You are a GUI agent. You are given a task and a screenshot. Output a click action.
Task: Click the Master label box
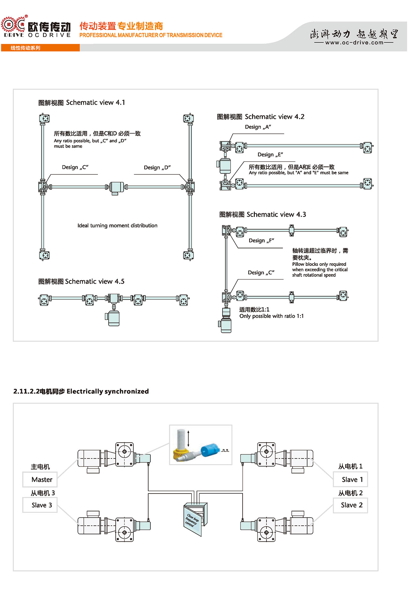(40, 479)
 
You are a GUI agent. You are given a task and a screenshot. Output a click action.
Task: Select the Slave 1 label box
(350, 479)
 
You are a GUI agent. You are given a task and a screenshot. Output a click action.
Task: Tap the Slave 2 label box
(350, 505)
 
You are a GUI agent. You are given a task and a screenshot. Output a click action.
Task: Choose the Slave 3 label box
(40, 505)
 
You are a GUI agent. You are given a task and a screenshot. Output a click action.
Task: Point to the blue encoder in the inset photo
(210, 448)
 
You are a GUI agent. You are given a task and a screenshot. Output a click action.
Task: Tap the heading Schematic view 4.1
(82, 103)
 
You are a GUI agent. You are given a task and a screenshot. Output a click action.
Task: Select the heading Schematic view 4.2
(261, 117)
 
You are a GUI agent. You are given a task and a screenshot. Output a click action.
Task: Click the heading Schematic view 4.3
(263, 215)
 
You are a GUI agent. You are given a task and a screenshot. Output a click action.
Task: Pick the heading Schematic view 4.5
(81, 281)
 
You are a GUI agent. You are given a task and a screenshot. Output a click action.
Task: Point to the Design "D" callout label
(157, 167)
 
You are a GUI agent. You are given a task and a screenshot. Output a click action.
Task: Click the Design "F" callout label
(261, 241)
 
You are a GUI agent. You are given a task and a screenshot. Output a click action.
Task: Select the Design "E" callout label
(270, 155)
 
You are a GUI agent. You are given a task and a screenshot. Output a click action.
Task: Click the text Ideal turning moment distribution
(117, 225)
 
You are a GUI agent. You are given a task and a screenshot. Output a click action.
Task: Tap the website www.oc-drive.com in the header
(354, 42)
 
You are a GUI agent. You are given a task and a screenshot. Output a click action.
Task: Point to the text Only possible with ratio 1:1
(272, 316)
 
